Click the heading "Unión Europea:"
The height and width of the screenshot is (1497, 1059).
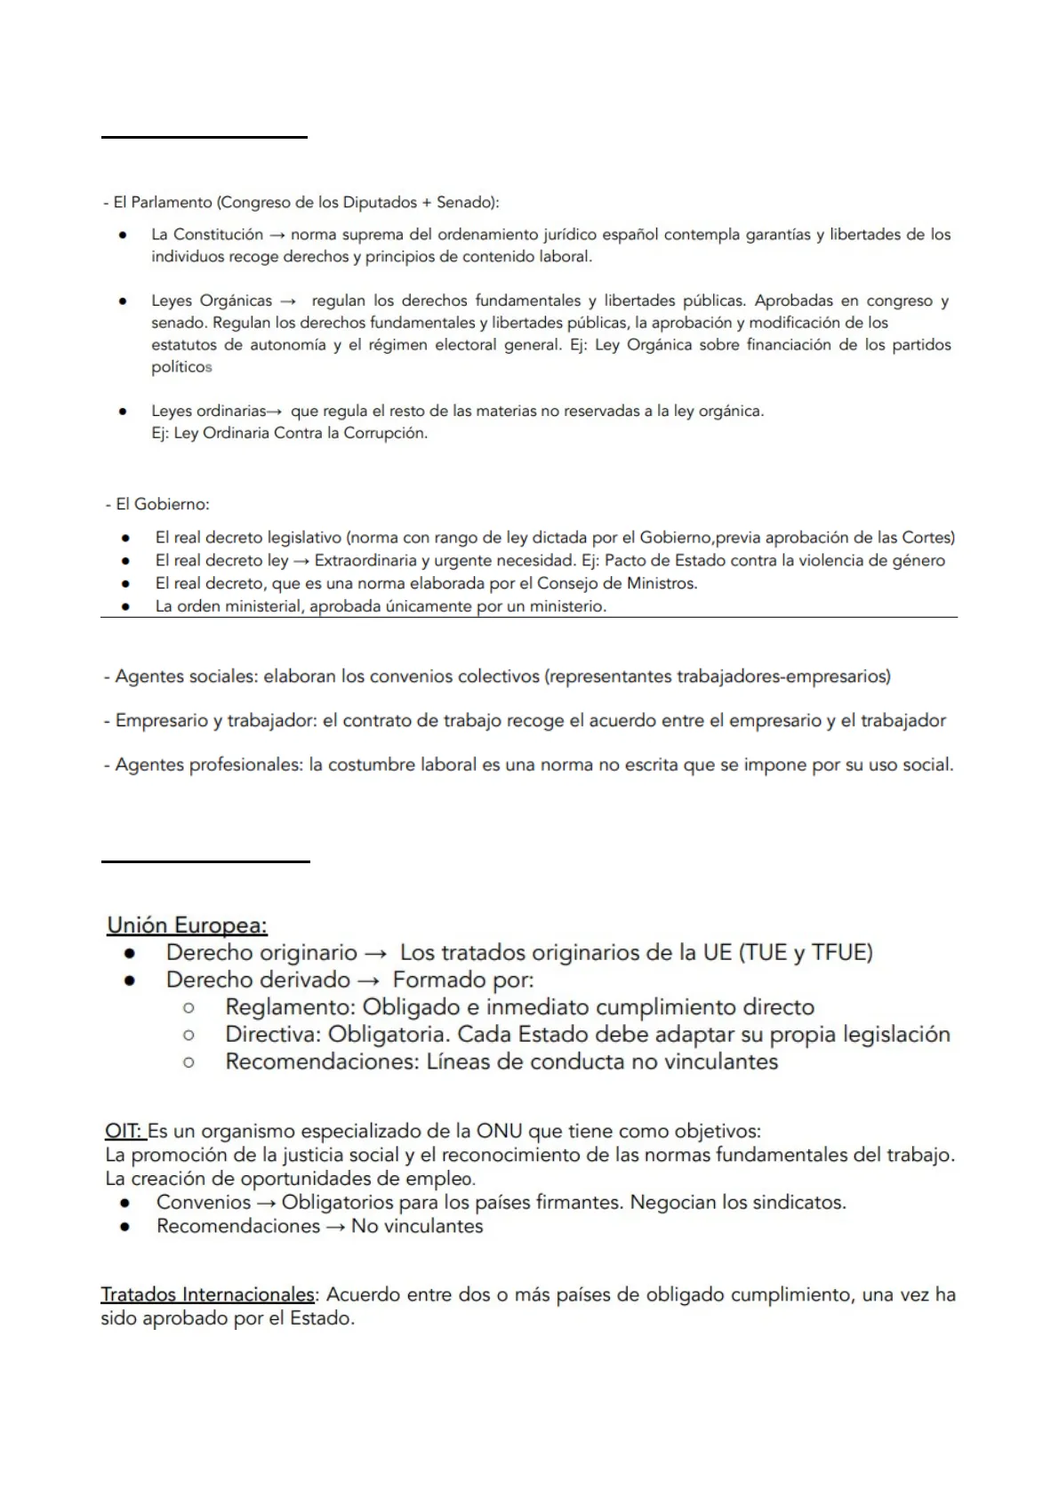click(x=187, y=925)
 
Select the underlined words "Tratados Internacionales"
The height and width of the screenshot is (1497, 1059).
click(x=207, y=1294)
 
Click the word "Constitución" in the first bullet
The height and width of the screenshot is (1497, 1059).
click(x=218, y=235)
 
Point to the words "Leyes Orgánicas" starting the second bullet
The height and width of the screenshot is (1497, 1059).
click(x=212, y=300)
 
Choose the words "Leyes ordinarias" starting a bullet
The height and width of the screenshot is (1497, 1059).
click(x=208, y=411)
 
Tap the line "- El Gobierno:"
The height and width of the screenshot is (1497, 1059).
click(x=157, y=505)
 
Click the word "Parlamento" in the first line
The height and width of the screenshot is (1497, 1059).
click(x=171, y=203)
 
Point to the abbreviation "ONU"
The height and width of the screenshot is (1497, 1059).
click(x=499, y=1132)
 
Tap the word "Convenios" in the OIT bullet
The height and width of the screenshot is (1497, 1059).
click(x=204, y=1203)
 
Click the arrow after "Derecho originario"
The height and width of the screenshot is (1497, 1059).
click(x=375, y=953)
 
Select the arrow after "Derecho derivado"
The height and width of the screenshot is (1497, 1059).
click(x=372, y=981)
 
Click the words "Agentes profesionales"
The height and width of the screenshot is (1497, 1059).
click(x=207, y=765)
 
